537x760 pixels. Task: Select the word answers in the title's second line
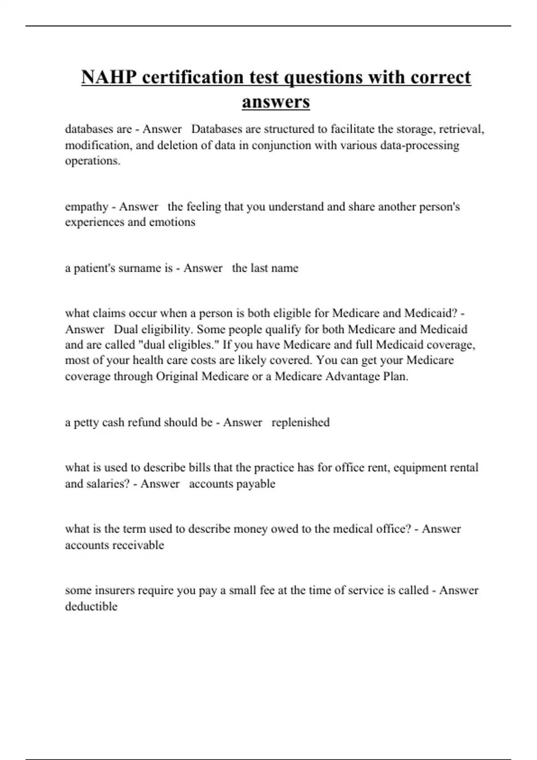(276, 101)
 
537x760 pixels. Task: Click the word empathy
(86, 207)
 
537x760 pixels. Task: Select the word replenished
(300, 422)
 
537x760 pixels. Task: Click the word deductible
(91, 606)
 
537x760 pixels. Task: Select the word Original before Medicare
(177, 376)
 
